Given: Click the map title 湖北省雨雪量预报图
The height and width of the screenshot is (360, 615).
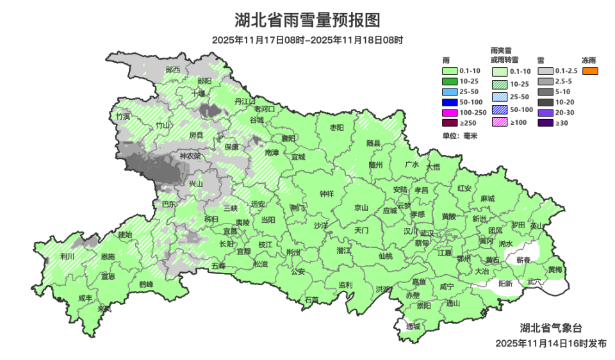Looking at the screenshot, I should click(x=307, y=20).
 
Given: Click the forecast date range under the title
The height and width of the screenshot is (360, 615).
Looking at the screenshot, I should click(x=307, y=40).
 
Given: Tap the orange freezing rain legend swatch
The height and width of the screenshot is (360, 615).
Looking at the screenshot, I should click(x=590, y=71).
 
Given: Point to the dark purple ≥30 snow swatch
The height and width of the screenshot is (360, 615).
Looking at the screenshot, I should click(x=545, y=122).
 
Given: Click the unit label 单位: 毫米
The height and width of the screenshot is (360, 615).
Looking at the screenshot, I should click(x=456, y=136).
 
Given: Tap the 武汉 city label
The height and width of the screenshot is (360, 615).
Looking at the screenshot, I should click(x=427, y=233).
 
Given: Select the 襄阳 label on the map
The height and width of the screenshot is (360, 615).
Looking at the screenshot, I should click(x=288, y=138).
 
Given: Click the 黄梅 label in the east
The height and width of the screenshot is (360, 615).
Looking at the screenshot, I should click(x=555, y=270).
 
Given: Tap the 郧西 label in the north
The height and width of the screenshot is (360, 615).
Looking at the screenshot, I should click(x=172, y=69).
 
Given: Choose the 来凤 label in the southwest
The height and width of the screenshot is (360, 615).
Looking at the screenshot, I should click(x=104, y=309).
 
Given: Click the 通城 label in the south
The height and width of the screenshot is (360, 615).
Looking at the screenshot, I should click(x=413, y=326).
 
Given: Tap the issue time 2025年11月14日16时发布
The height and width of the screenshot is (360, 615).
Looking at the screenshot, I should click(x=550, y=344).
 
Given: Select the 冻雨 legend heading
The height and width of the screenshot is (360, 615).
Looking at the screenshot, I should click(x=589, y=60).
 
